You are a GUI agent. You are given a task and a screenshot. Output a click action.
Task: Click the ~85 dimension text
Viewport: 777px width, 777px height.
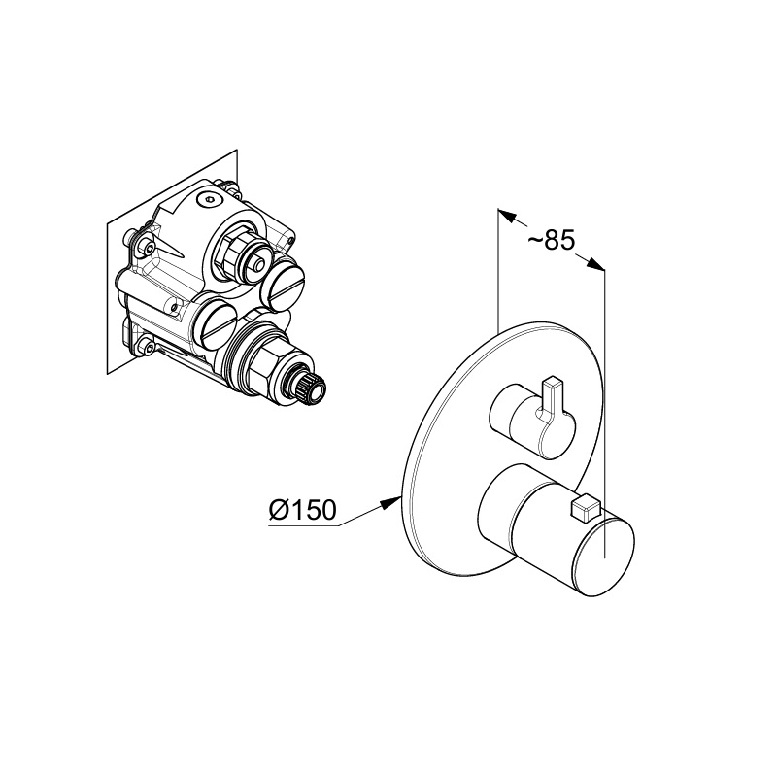551,240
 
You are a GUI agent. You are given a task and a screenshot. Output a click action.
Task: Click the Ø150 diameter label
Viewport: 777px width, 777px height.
302,509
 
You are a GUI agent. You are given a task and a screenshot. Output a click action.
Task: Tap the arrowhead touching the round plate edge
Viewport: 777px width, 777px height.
390,503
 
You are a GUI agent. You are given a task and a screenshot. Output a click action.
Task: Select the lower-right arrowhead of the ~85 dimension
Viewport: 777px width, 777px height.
595,264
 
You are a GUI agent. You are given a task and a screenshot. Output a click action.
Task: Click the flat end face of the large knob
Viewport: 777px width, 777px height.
603,557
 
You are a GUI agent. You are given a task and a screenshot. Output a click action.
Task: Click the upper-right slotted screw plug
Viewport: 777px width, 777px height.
284,285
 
